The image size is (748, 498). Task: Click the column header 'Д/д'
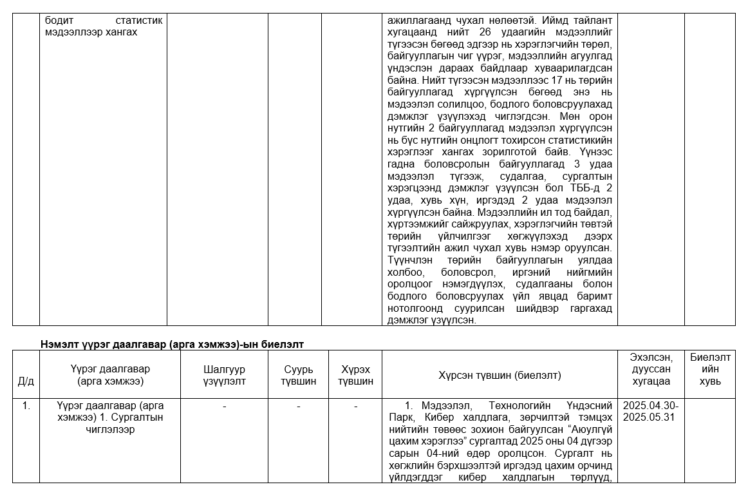(26, 381)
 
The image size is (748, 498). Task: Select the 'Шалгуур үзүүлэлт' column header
(224, 375)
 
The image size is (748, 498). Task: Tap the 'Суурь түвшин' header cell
(299, 375)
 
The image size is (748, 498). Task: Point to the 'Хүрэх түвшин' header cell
(357, 375)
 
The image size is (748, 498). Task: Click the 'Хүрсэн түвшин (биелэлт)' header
(500, 375)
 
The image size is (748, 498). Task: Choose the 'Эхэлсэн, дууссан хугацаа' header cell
(652, 369)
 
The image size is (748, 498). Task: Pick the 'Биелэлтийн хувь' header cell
(710, 369)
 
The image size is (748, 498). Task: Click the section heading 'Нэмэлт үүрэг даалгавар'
(172, 344)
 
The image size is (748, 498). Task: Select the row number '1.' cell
(26, 407)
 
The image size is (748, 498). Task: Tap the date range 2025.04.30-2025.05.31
(651, 412)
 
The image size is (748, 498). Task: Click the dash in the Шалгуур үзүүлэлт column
(224, 407)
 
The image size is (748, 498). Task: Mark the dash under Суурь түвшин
(299, 407)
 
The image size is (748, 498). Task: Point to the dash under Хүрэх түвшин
(357, 407)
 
